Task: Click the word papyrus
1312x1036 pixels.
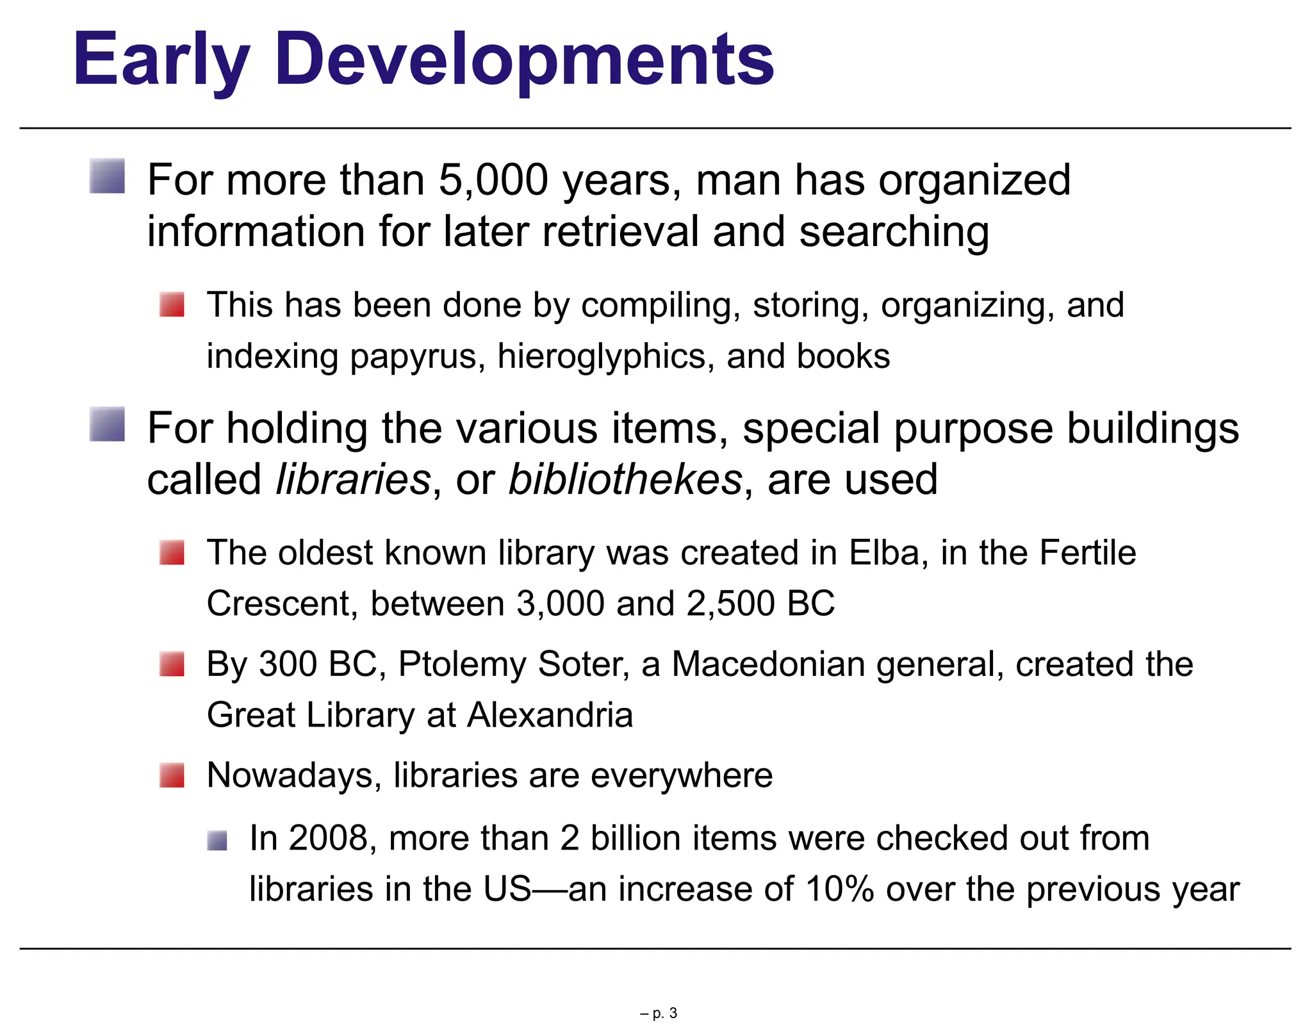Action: pyautogui.click(x=417, y=357)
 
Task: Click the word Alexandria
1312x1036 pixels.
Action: pyautogui.click(x=550, y=715)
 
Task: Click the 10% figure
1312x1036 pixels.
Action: pyautogui.click(x=840, y=889)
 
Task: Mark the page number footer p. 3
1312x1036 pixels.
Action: pyautogui.click(x=659, y=1013)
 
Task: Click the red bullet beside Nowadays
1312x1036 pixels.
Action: pyautogui.click(x=172, y=775)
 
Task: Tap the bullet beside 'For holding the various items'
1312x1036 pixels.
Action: pyautogui.click(x=107, y=424)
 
